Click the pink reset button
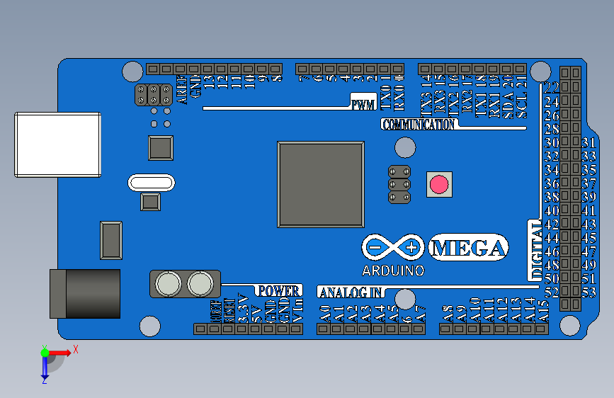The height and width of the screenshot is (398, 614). (439, 185)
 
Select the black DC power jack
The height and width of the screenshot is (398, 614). (84, 293)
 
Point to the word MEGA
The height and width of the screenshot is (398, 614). (469, 248)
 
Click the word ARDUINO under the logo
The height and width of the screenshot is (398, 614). (393, 271)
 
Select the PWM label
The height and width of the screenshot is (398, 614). (363, 106)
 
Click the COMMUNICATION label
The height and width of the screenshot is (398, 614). (419, 125)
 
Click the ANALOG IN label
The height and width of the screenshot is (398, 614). (351, 292)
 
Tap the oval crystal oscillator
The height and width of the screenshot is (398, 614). (151, 183)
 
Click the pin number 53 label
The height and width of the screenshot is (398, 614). (589, 292)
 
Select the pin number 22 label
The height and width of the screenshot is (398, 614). (552, 88)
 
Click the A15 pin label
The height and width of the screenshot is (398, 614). (544, 311)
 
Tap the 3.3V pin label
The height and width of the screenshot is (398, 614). (243, 309)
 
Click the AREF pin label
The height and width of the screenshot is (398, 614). (182, 90)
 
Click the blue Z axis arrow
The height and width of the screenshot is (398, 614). (44, 368)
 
